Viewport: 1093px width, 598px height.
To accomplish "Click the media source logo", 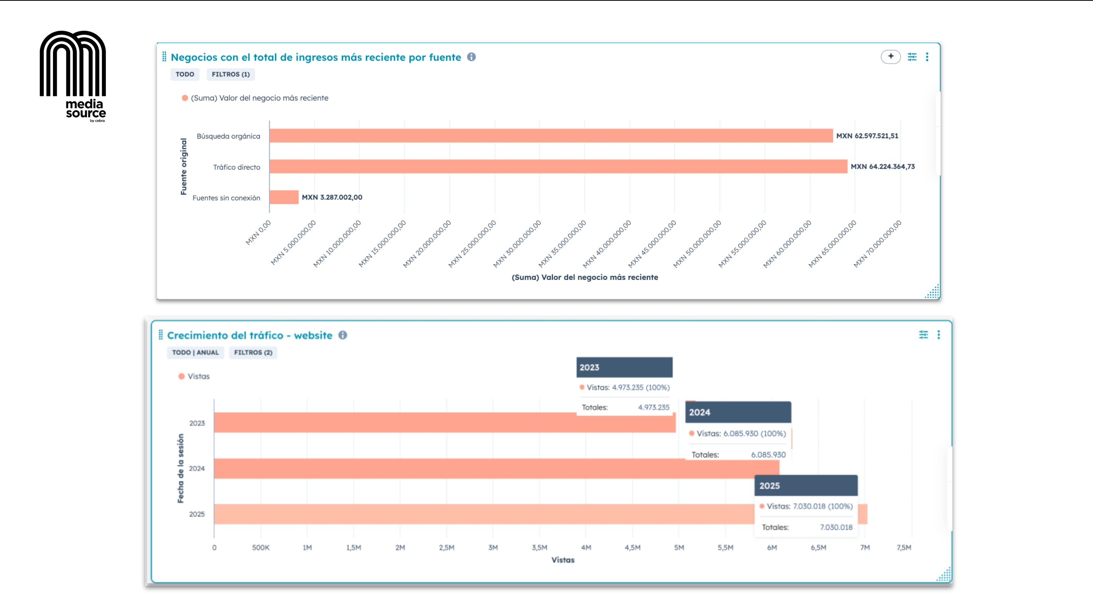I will tap(73, 76).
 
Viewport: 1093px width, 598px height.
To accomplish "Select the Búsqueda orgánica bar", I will tap(551, 136).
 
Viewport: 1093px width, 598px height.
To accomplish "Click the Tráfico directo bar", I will tap(558, 166).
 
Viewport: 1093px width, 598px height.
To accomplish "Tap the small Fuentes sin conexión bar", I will tap(284, 197).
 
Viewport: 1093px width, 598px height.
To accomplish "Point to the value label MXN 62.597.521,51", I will tap(867, 136).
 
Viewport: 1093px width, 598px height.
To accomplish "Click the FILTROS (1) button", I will tap(231, 74).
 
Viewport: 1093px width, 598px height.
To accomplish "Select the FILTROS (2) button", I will tap(253, 352).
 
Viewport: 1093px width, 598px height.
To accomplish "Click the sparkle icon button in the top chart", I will tap(890, 56).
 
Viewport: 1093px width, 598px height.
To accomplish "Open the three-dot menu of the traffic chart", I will tap(939, 335).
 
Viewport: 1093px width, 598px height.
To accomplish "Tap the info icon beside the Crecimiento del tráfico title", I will tap(342, 335).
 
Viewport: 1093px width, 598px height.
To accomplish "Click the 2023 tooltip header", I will tap(624, 367).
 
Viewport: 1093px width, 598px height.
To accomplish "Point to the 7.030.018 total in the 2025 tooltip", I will tap(835, 527).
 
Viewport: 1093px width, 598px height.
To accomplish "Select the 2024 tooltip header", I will tap(737, 412).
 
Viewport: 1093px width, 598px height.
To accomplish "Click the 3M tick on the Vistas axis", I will tap(493, 547).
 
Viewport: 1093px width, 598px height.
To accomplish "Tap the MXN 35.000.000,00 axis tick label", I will tap(562, 243).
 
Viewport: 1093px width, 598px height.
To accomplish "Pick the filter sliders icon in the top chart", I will tap(912, 56).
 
